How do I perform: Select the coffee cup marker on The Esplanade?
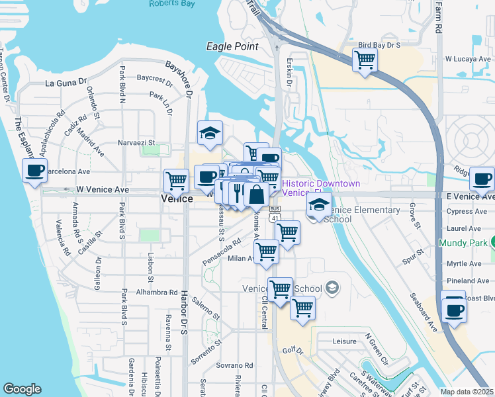[34, 171]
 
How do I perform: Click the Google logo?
[22, 389]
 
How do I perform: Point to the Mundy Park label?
[462, 243]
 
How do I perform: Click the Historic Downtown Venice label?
[321, 187]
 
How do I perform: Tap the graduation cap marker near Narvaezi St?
[210, 134]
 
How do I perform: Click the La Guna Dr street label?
[66, 83]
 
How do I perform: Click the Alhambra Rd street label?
[157, 292]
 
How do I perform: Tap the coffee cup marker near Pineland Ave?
[454, 309]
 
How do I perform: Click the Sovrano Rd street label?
[234, 365]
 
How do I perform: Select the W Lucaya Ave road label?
[469, 59]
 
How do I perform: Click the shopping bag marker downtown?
[256, 195]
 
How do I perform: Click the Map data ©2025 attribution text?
[467, 391]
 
